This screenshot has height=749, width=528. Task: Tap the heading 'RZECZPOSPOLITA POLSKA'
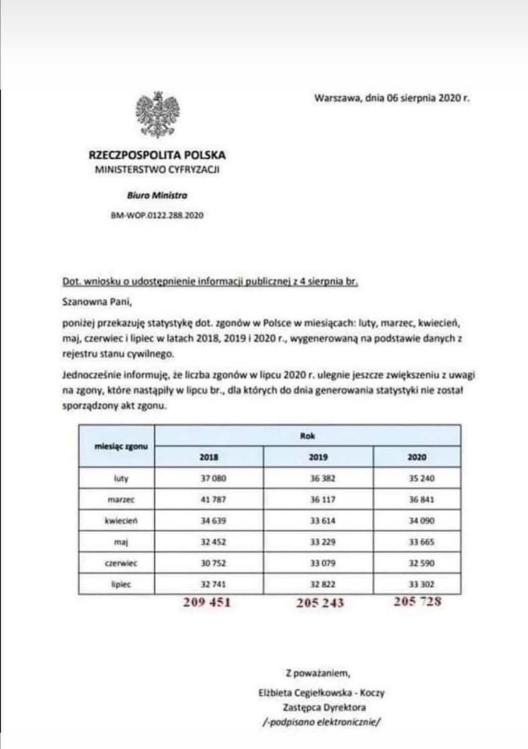coord(157,155)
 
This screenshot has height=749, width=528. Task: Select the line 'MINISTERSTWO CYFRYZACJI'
coord(157,170)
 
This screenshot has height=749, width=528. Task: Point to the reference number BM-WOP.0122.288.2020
coord(157,215)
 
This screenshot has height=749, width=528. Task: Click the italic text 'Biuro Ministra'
coord(157,195)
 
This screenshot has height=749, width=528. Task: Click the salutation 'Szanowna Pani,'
coord(97,301)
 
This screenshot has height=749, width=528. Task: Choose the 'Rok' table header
coord(307,436)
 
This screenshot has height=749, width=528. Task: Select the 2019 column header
coord(318,457)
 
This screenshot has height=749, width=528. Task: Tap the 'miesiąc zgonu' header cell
coord(121,446)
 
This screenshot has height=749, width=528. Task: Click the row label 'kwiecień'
coord(121,521)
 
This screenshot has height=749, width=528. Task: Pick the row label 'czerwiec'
coord(121,563)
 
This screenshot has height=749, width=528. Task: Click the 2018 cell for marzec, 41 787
coord(213,499)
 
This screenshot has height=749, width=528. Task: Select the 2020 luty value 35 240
coord(421,479)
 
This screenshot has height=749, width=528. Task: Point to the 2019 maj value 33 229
coord(323,542)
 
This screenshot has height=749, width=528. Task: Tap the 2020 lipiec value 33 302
coord(421,585)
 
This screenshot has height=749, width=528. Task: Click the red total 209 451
coord(207,602)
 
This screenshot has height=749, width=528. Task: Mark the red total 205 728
coord(417,602)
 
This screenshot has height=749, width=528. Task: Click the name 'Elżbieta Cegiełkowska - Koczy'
coord(321,693)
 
